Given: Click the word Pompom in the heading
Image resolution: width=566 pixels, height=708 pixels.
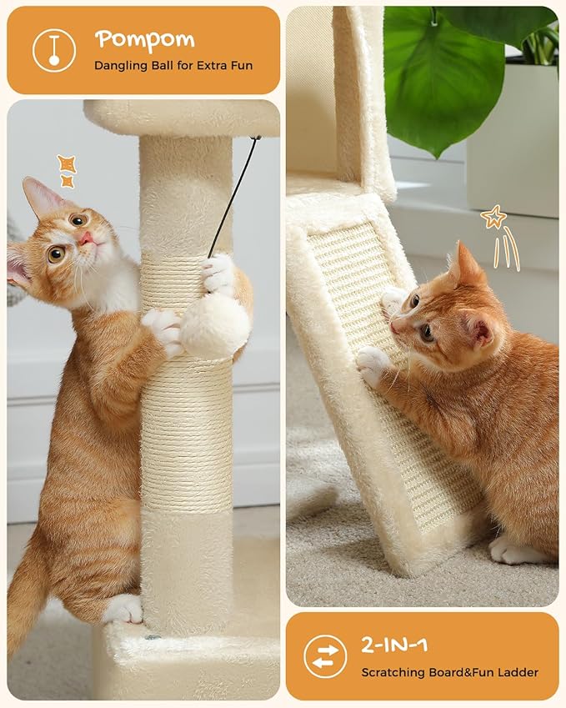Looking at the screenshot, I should coord(144,39).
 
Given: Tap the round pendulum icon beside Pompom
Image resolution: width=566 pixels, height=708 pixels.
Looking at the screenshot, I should coord(53,50).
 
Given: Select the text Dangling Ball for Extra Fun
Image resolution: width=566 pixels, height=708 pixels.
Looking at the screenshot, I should coord(173,65).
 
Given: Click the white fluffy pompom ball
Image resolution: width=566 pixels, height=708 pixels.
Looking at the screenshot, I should coord(215,326).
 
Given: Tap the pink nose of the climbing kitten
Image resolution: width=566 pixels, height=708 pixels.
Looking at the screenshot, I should coord(86,238).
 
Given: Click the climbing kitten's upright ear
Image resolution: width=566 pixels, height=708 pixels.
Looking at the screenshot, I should coord(40,197).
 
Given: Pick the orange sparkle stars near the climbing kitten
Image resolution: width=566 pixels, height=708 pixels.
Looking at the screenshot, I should coord(67,170).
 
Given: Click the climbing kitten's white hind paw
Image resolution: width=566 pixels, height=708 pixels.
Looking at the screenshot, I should coord(123,609).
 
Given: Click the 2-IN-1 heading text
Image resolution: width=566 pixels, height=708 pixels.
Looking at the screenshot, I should coord(394,645).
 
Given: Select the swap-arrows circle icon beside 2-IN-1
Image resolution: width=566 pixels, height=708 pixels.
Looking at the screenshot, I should coord(325,656).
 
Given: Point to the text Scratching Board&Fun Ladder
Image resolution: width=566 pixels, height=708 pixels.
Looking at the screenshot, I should coord(449,672).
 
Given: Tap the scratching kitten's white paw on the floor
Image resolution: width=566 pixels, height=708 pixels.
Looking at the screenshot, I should coord(508,550).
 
